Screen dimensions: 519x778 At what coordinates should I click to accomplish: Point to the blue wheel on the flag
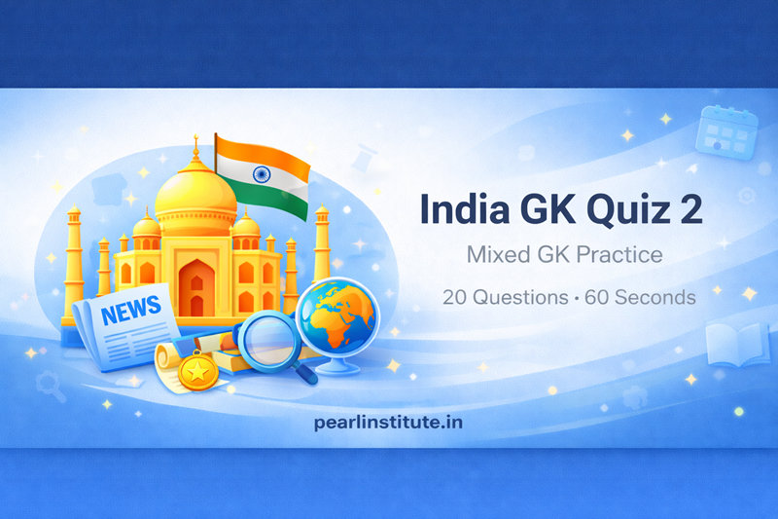click(x=260, y=174)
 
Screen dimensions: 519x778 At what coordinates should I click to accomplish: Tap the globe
click(x=336, y=315)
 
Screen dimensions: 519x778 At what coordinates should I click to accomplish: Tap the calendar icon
click(x=726, y=130)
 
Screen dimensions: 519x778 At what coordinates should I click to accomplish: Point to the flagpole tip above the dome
click(x=195, y=140)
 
